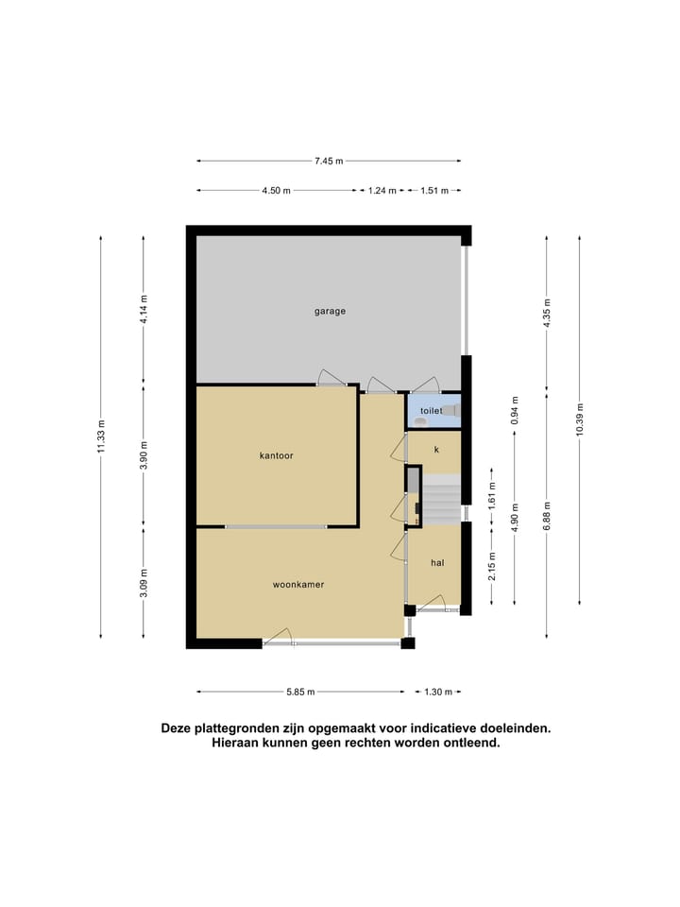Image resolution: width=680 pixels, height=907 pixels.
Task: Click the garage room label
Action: pyautogui.click(x=330, y=311)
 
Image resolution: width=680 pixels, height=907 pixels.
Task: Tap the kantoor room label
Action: pyautogui.click(x=277, y=455)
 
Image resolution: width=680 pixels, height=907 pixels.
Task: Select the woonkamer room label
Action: pyautogui.click(x=298, y=585)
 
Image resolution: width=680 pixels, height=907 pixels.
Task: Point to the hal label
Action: pyautogui.click(x=437, y=562)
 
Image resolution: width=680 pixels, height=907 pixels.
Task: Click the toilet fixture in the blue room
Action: pyautogui.click(x=452, y=411)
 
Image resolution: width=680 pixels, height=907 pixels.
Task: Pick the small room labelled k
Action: pyautogui.click(x=436, y=450)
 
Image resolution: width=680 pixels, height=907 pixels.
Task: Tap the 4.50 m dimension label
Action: pyautogui.click(x=277, y=191)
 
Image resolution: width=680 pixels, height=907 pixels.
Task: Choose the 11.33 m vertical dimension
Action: pyautogui.click(x=101, y=436)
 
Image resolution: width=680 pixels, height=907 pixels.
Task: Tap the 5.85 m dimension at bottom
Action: pyautogui.click(x=299, y=692)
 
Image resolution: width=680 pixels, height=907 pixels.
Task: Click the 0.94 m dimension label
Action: pyautogui.click(x=515, y=411)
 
